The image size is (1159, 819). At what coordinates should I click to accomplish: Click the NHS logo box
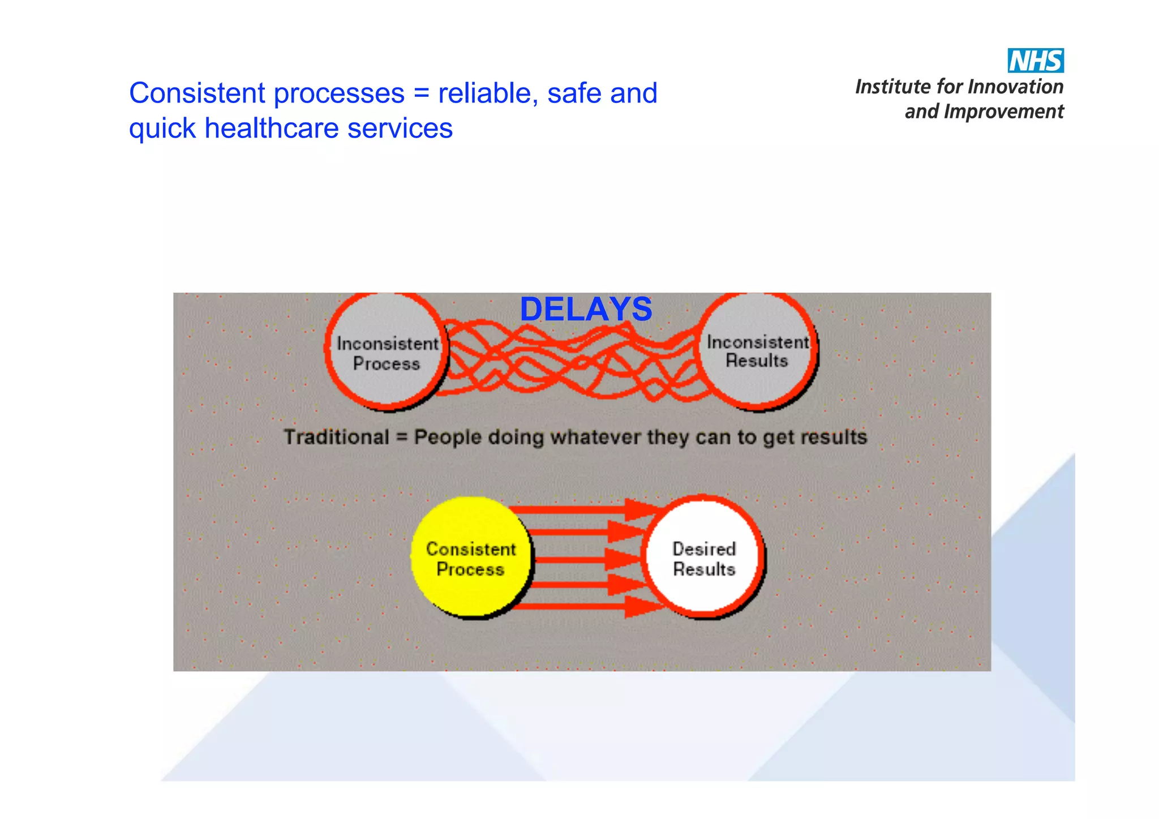[1035, 61]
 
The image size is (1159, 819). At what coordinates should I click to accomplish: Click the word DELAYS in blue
[586, 310]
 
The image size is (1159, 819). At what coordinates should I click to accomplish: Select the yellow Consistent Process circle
[470, 558]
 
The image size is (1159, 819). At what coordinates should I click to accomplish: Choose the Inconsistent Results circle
[757, 351]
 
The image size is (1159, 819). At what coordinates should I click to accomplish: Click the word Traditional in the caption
[336, 437]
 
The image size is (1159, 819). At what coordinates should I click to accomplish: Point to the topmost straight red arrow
[583, 509]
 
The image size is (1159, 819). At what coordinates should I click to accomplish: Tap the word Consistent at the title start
[197, 93]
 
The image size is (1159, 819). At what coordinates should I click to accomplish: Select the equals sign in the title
[421, 93]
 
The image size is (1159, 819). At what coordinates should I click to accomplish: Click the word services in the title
[400, 128]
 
